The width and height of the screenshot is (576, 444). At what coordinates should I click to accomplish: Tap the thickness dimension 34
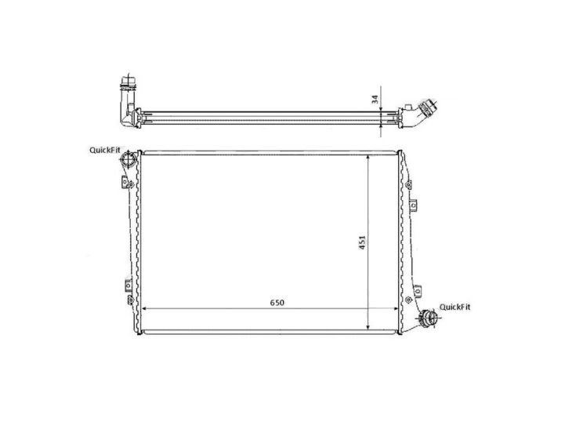(x=375, y=99)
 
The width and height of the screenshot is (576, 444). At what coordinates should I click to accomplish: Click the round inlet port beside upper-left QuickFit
(x=126, y=161)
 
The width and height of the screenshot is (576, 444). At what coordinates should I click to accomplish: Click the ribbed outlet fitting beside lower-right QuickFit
(x=427, y=318)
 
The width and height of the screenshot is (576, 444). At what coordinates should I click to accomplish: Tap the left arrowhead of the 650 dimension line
(x=146, y=308)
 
